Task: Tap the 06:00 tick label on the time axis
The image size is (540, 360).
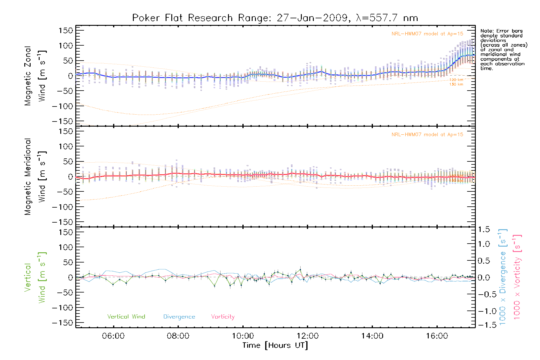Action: click(x=113, y=336)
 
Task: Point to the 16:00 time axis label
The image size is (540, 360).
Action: click(x=437, y=336)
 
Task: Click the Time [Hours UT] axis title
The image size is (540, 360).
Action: click(x=275, y=346)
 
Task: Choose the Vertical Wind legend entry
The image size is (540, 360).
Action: click(x=126, y=317)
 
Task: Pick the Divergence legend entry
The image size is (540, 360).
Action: click(x=179, y=317)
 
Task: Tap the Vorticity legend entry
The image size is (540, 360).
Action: click(x=223, y=317)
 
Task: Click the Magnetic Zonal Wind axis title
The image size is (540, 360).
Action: click(x=35, y=76)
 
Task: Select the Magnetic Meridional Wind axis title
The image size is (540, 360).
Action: click(x=35, y=177)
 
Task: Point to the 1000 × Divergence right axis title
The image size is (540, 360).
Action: click(x=503, y=277)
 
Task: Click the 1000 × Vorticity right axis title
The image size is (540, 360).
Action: click(x=517, y=277)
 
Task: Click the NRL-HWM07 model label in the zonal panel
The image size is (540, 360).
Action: click(x=427, y=34)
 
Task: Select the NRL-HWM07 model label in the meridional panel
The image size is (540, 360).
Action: click(x=427, y=135)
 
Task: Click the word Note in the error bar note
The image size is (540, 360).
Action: click(x=486, y=31)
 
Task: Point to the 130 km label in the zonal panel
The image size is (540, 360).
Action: click(x=456, y=84)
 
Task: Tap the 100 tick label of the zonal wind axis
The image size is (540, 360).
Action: click(x=66, y=46)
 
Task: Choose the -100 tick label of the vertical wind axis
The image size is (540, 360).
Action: click(x=62, y=308)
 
